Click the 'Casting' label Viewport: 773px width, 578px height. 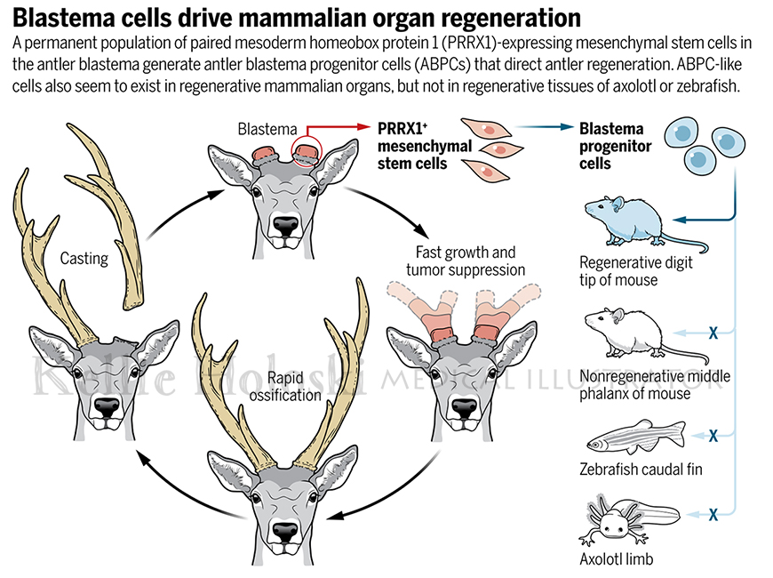pos(84,259)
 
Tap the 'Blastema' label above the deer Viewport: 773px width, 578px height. pos(267,129)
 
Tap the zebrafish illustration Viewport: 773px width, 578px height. pos(636,437)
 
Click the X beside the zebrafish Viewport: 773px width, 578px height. pos(713,436)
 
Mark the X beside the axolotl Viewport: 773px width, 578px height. pos(713,515)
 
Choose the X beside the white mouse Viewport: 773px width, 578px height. pos(713,333)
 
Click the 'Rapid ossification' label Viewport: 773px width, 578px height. pos(285,387)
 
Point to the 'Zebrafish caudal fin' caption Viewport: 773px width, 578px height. pos(641,469)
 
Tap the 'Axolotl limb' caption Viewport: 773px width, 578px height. pos(617,559)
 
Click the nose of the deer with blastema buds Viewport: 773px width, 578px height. pos(285,226)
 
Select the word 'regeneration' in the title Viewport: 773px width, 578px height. pos(511,19)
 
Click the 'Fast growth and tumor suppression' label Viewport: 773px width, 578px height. pos(466,261)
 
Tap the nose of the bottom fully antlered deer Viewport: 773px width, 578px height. pos(285,532)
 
